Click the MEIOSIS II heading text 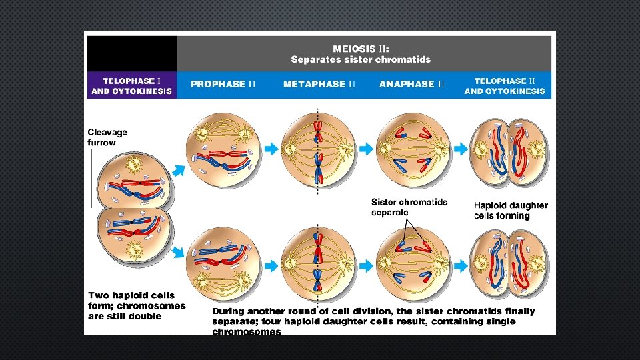pyautogui.click(x=361, y=48)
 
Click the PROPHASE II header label pyautogui.click(x=223, y=84)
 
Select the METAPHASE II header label pyautogui.click(x=319, y=84)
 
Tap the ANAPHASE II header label pyautogui.click(x=412, y=84)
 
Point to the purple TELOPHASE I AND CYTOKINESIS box pyautogui.click(x=131, y=85)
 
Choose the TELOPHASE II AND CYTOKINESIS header pyautogui.click(x=505, y=85)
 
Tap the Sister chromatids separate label pyautogui.click(x=409, y=207)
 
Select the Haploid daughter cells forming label pyautogui.click(x=511, y=210)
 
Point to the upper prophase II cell pyautogui.click(x=223, y=149)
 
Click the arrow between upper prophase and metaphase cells pyautogui.click(x=271, y=149)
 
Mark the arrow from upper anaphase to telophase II pyautogui.click(x=461, y=149)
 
